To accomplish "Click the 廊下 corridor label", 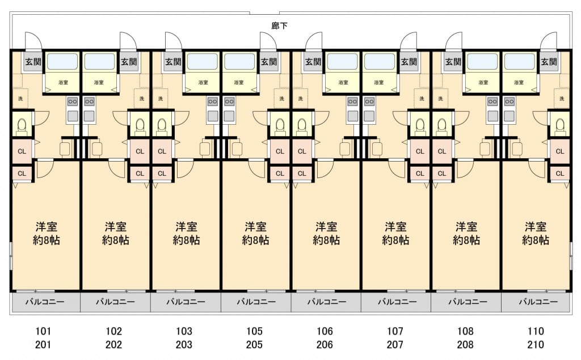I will pos(279,26).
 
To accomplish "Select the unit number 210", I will pos(535,344).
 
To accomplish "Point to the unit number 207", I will pos(395,344).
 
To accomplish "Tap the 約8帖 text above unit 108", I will pos(466,240).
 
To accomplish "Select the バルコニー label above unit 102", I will pos(115,302).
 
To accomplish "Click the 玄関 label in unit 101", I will pos(31,62).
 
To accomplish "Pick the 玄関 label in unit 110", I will pos(548,62).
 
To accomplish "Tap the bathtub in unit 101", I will pos(62,61).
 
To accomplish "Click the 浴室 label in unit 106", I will pos(343,82).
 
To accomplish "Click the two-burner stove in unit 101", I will pos(73,102).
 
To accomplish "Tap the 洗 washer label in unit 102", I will pos(141,99).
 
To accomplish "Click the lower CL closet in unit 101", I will pos(22,173).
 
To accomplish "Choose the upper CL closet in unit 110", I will pos(559,151).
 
